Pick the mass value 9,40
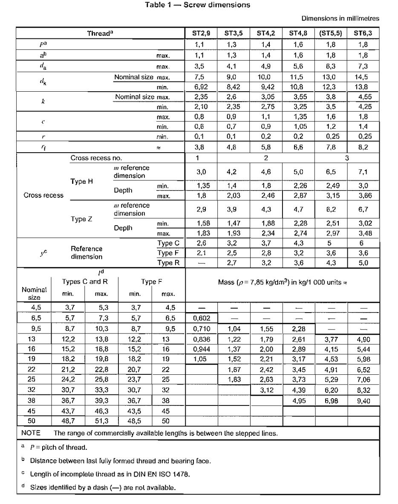pos(363,401)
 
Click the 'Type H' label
pos(80,181)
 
